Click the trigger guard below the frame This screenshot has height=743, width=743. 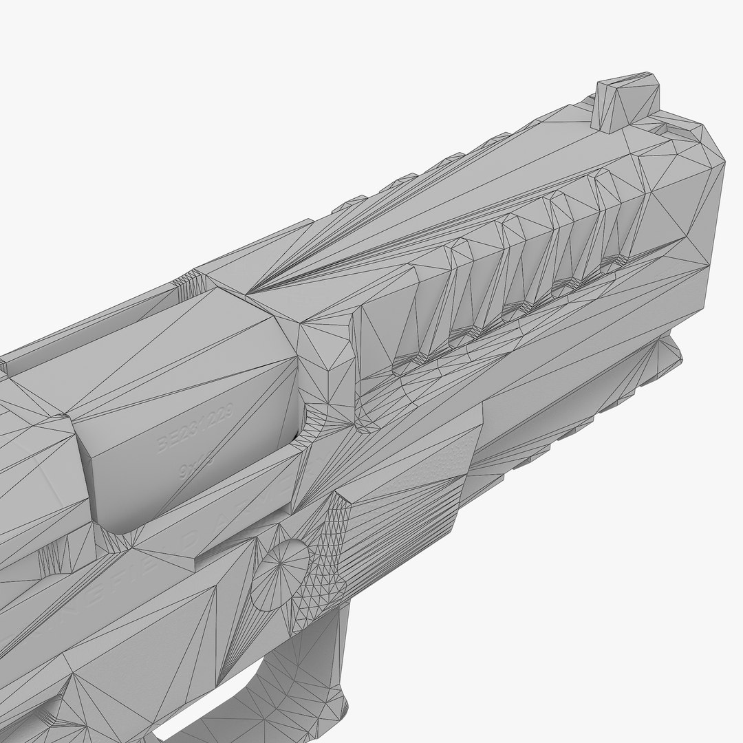coord(303,681)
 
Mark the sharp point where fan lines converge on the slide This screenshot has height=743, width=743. coord(261,289)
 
